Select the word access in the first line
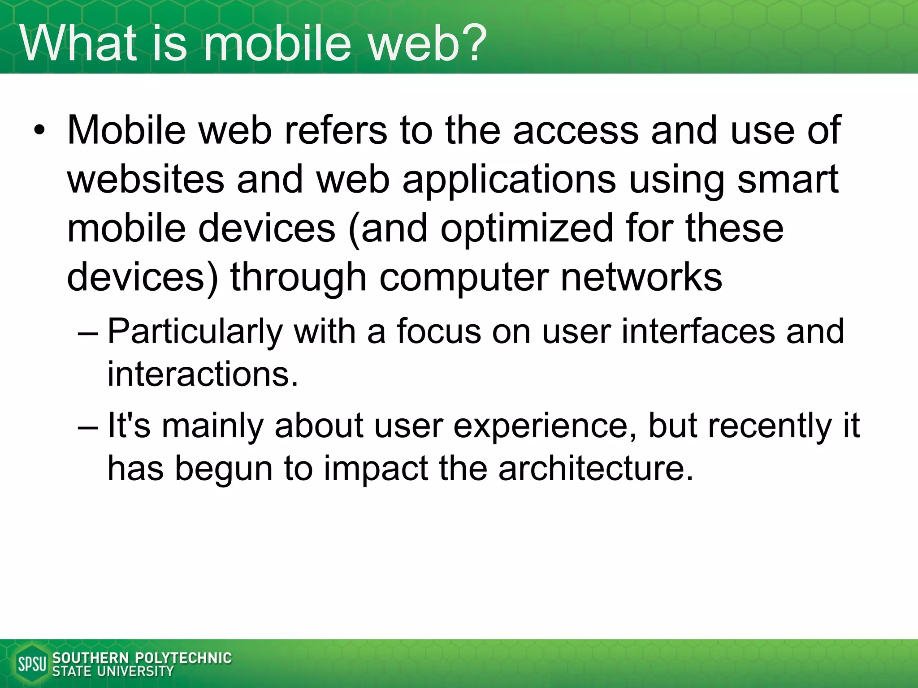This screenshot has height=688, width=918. click(576, 130)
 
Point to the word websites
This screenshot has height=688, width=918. click(145, 179)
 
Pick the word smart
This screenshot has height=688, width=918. click(788, 179)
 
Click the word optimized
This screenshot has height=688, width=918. click(526, 228)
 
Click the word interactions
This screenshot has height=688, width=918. click(203, 374)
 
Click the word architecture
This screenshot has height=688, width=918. click(596, 469)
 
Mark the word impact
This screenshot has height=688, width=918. click(376, 469)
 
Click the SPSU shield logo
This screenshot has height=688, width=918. click(31, 664)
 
